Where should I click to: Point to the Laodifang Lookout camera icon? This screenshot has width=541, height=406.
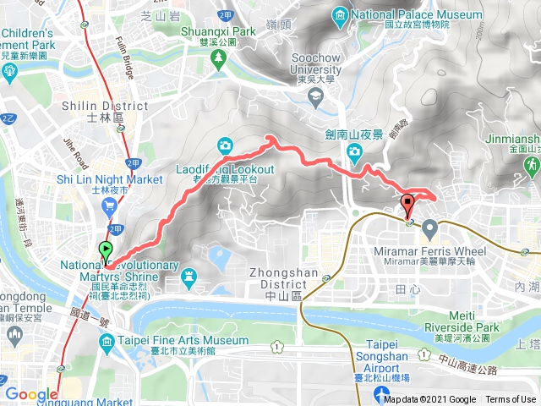pos(226,145)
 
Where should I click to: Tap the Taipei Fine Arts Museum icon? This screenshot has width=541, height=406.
pos(107,342)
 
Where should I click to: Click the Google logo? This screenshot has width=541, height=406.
pos(31,393)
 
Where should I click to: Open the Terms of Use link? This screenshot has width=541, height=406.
pos(511,399)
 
